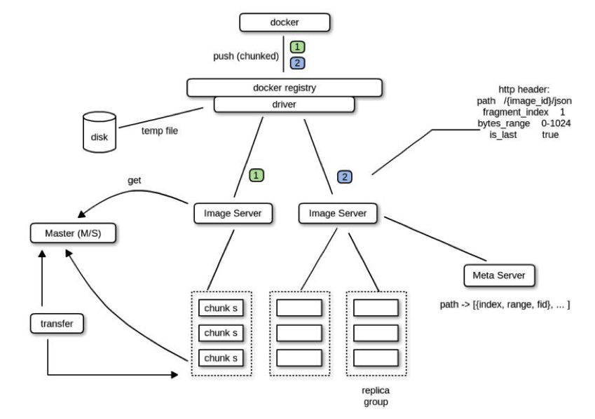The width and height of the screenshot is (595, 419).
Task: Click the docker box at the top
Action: (284, 23)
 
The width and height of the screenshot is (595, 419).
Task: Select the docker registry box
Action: (285, 87)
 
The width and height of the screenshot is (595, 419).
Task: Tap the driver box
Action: (284, 104)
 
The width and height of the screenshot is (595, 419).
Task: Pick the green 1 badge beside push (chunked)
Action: (297, 48)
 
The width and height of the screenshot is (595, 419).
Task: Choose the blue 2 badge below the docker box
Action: (297, 63)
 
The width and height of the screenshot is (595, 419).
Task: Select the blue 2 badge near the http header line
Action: (345, 177)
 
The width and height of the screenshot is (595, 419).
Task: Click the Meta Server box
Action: (499, 275)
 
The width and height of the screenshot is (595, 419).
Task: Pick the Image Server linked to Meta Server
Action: (338, 212)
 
